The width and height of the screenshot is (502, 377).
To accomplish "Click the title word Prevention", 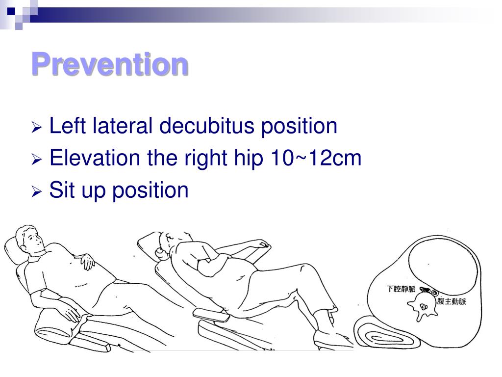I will pyautogui.click(x=110, y=64).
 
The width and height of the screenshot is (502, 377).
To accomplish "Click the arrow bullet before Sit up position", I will pyautogui.click(x=37, y=191).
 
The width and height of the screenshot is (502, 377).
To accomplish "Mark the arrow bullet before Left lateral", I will pyautogui.click(x=37, y=129).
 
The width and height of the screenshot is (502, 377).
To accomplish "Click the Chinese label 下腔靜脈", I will pyautogui.click(x=401, y=289).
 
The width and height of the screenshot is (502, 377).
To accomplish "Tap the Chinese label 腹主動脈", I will pyautogui.click(x=451, y=301).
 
